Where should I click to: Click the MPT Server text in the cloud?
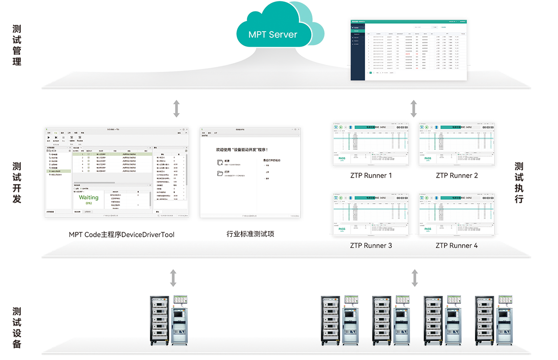[272, 34]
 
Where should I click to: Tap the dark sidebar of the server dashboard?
[358, 53]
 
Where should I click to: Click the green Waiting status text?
[89, 197]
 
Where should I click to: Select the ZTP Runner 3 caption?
[371, 245]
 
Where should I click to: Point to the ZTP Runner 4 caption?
[457, 245]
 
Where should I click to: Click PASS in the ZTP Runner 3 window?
[342, 229]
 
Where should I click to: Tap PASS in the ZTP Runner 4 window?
[427, 229]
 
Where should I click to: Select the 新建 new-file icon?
[220, 162]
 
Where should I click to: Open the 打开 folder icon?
[220, 173]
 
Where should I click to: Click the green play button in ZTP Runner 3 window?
[340, 198]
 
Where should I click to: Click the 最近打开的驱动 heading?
[272, 160]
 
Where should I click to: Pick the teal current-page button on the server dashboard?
[371, 72]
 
